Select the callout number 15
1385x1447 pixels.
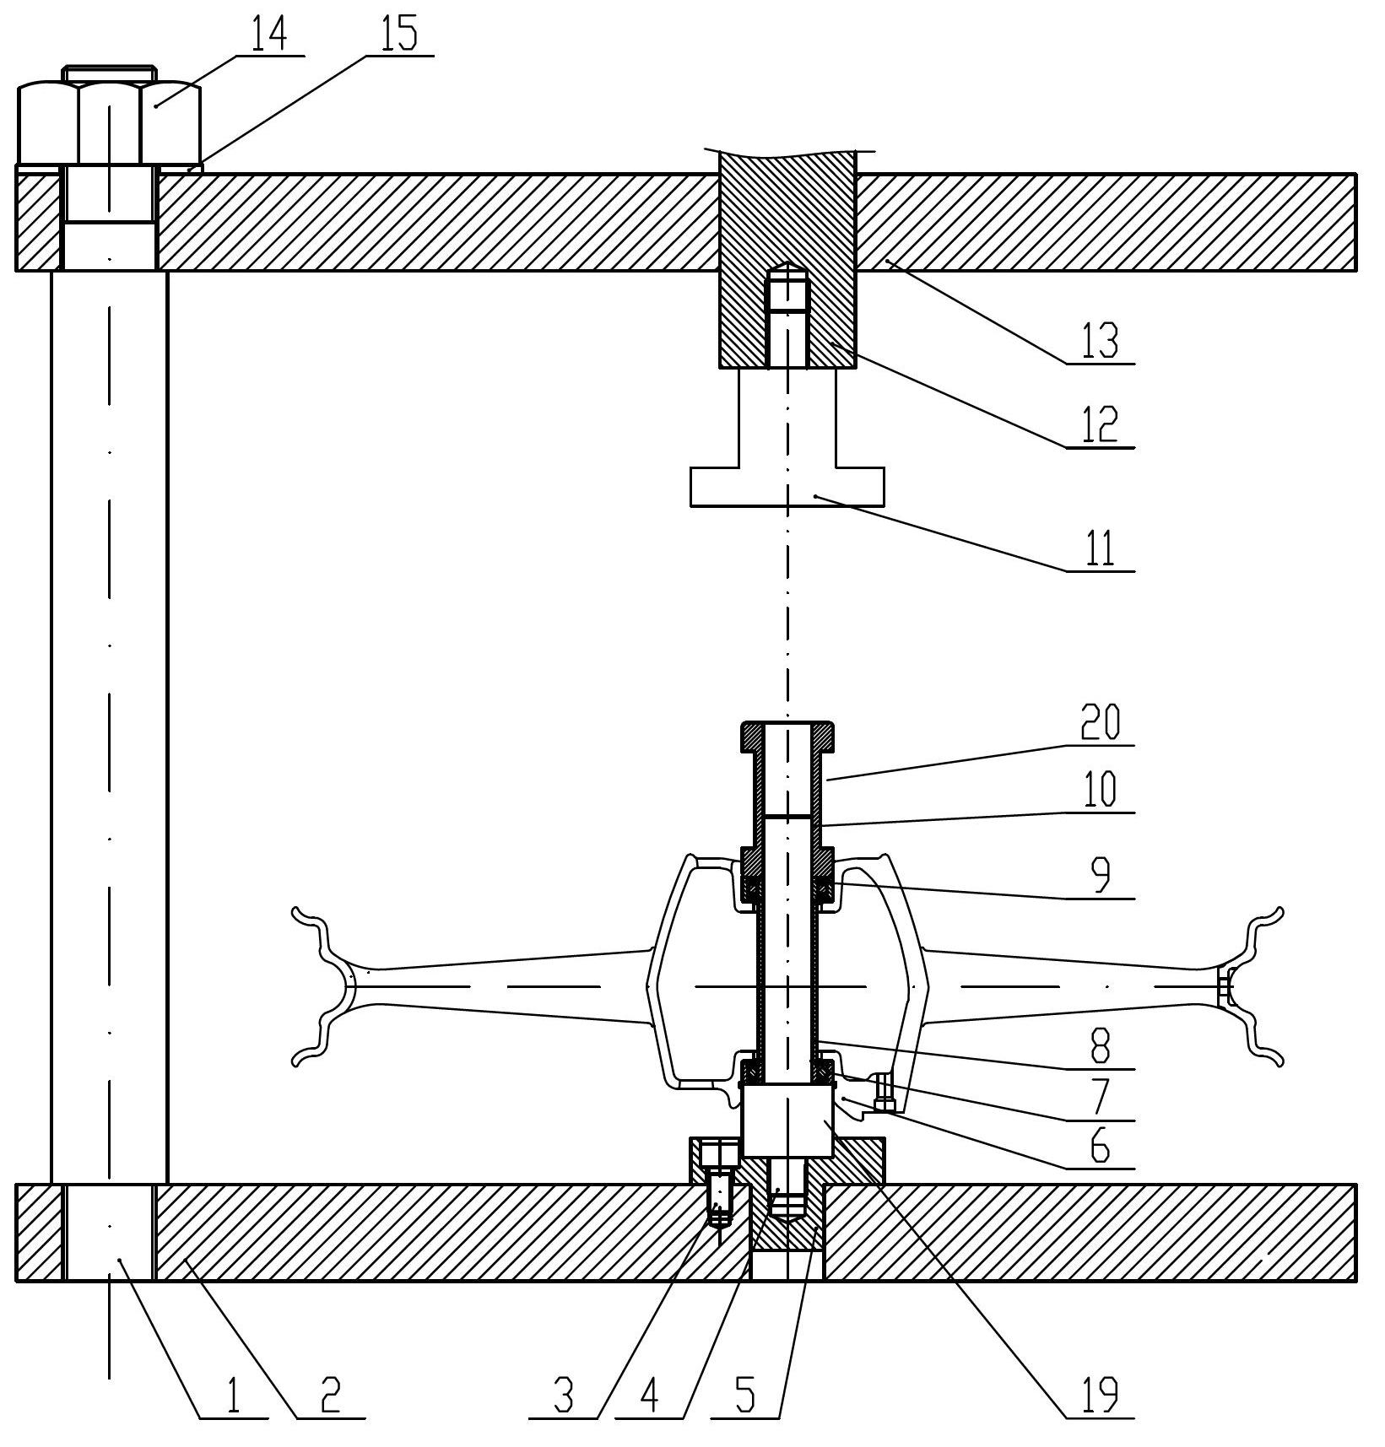coord(400,35)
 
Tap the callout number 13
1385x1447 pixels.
coord(1101,342)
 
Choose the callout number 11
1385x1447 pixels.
coord(1101,548)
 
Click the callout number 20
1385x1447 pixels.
coord(1101,723)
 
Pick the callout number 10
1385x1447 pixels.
coord(1101,790)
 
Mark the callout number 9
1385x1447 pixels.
coord(1101,876)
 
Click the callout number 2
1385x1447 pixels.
coord(330,1395)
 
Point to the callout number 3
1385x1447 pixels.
coord(564,1395)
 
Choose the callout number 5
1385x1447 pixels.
coord(745,1395)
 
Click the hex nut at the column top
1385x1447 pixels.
coord(109,122)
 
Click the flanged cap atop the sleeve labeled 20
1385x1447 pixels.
coord(787,737)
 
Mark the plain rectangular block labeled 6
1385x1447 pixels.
coord(787,1120)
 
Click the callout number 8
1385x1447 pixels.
coord(1101,1045)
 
